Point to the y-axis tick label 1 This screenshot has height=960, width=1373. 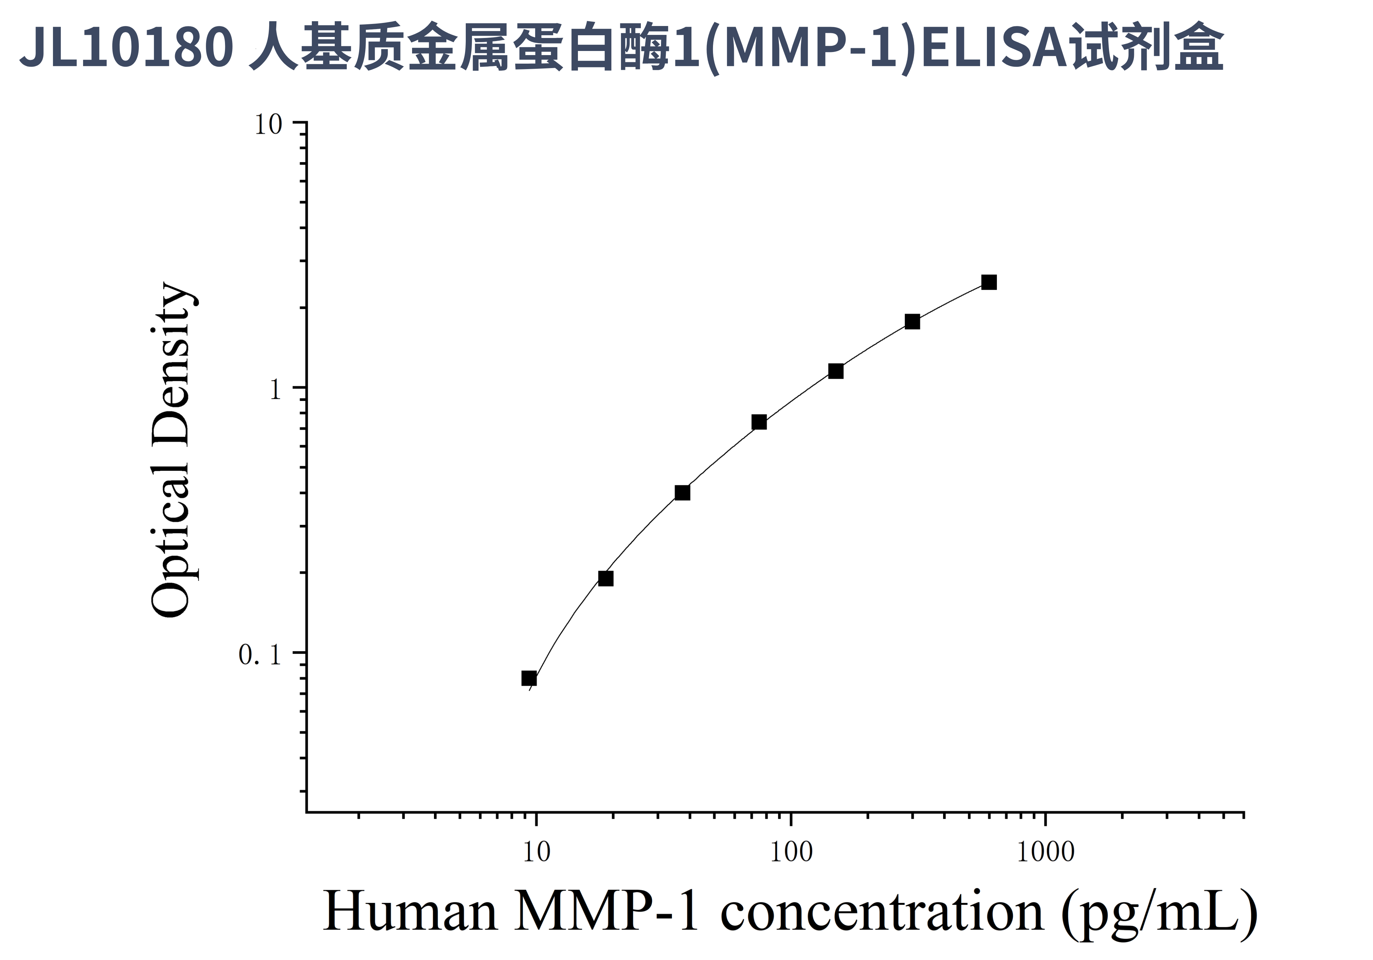(x=275, y=390)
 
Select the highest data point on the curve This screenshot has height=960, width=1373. (x=989, y=282)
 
